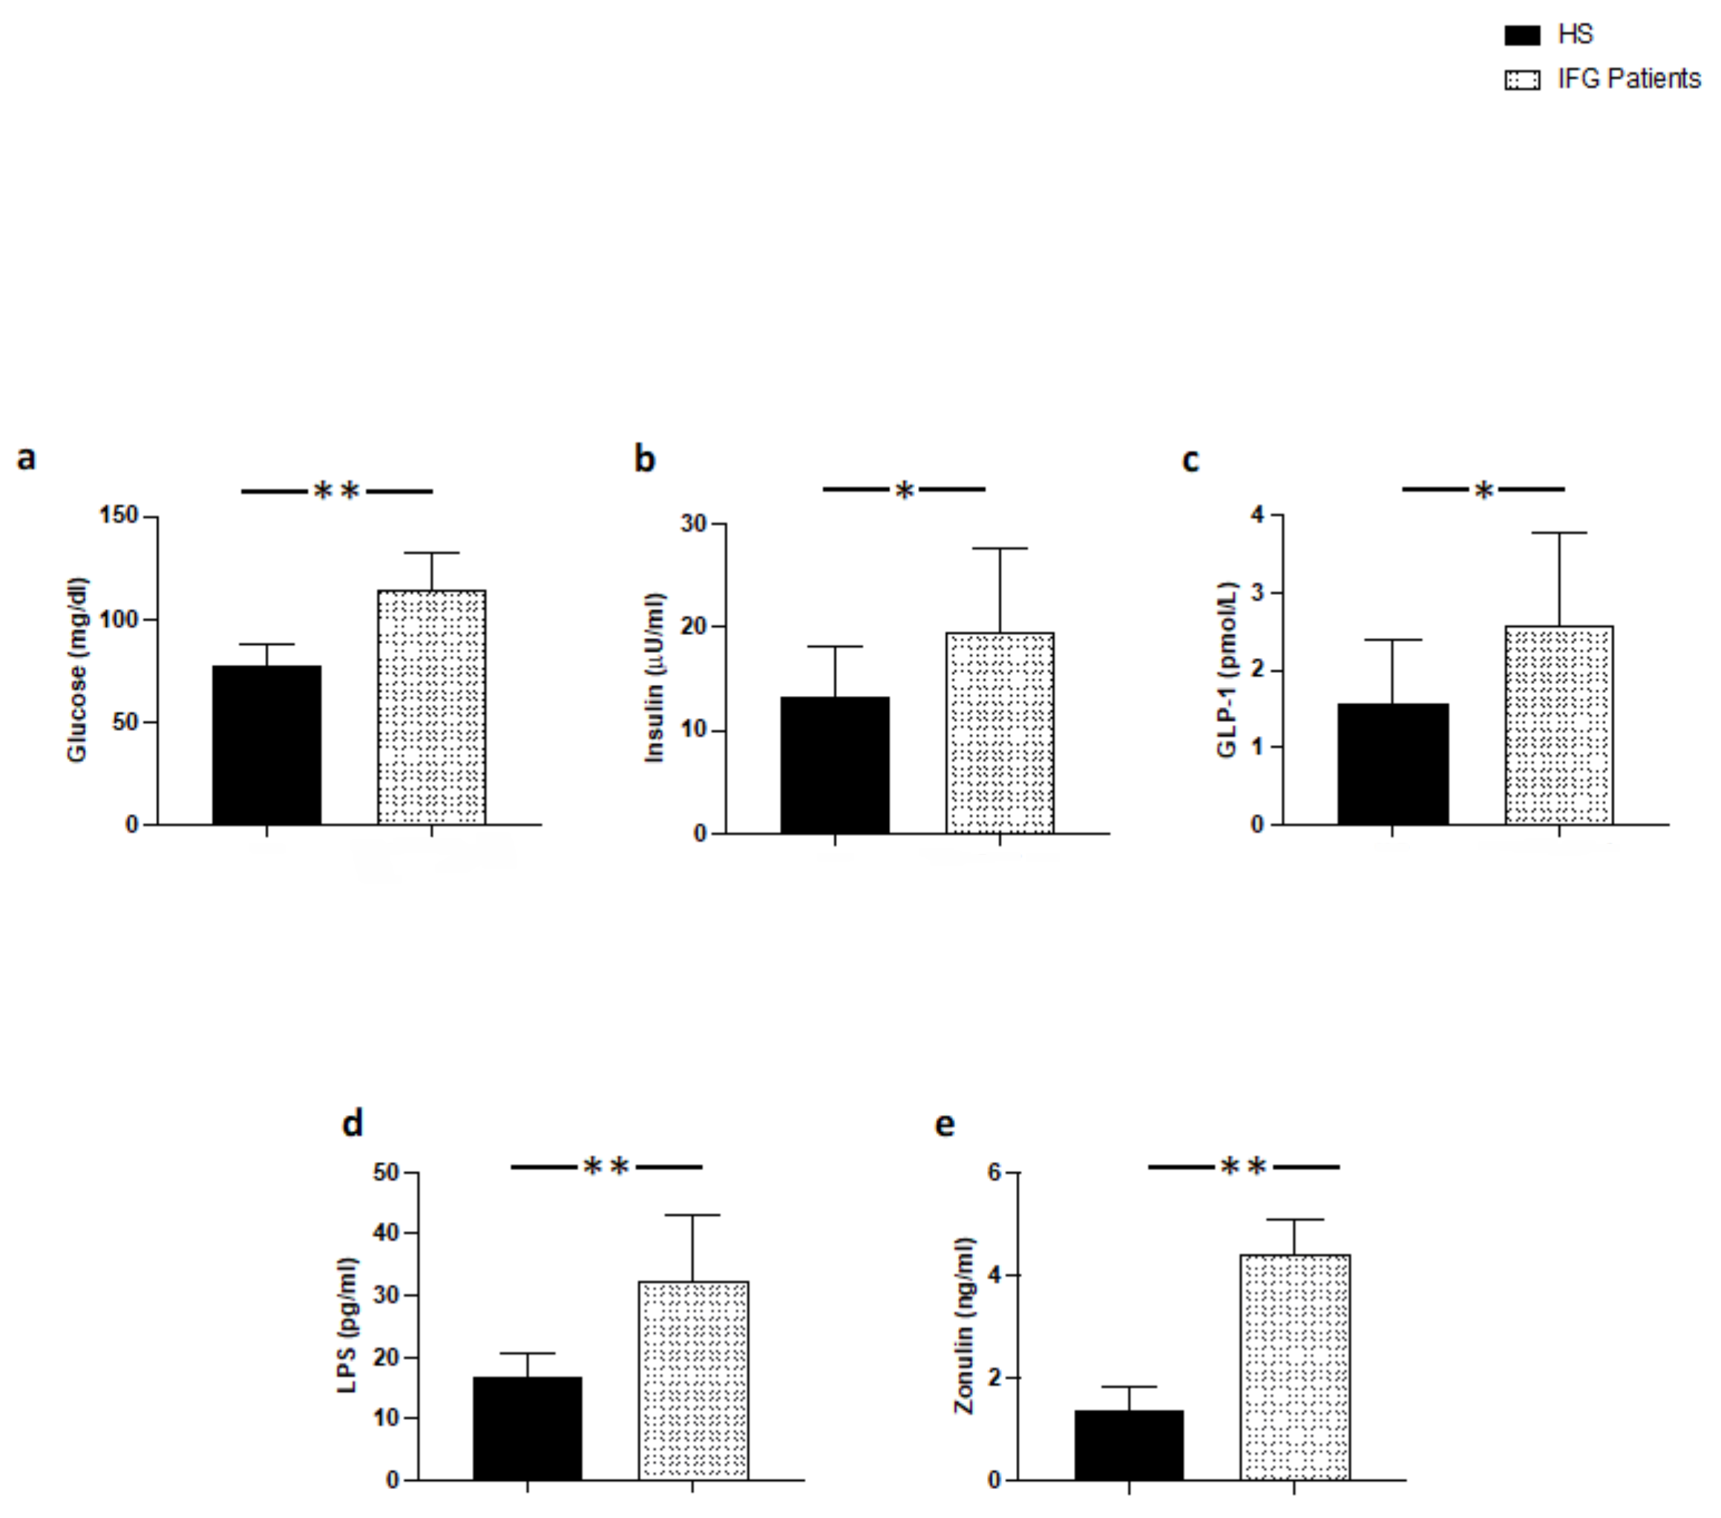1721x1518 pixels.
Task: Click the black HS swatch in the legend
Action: (x=1521, y=35)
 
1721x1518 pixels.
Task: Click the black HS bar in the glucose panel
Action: (x=267, y=744)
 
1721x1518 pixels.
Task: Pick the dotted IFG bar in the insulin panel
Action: (x=1000, y=732)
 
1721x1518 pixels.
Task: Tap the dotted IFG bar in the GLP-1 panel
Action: (x=1558, y=725)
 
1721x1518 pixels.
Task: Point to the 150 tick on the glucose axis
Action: (x=119, y=515)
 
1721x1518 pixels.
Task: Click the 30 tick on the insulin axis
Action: (x=694, y=524)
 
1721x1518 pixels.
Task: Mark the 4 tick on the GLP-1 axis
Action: (x=1257, y=513)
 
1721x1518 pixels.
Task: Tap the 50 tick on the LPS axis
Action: (x=387, y=1172)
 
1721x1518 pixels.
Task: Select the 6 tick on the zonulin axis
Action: (x=996, y=1172)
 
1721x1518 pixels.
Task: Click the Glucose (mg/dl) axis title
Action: (x=77, y=670)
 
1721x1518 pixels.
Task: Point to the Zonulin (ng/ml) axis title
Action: (x=964, y=1326)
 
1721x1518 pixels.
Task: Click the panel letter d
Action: (x=352, y=1123)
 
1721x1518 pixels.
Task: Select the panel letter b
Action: (x=644, y=459)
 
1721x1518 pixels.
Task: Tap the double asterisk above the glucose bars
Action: (x=337, y=491)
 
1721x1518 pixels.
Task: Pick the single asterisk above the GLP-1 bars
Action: (x=1484, y=490)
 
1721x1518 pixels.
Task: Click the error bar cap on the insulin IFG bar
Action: (x=1000, y=548)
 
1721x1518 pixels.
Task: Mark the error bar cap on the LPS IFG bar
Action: (x=692, y=1215)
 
